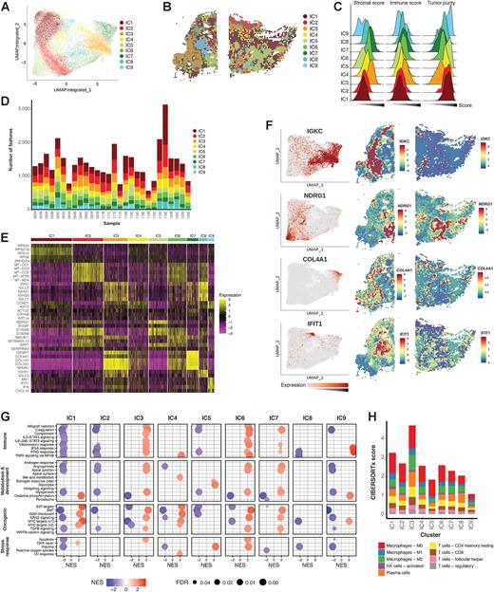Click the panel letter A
pos(6,7)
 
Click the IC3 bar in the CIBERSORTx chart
pos(411,464)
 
